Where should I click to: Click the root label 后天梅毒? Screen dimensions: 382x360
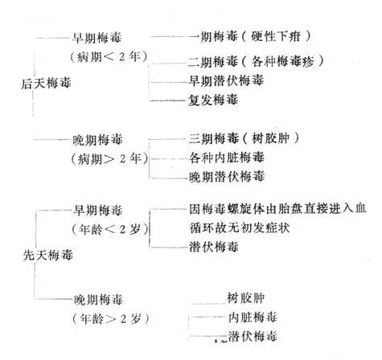(x=46, y=84)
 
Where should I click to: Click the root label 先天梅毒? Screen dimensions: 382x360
(x=48, y=255)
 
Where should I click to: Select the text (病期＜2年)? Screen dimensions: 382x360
(x=109, y=57)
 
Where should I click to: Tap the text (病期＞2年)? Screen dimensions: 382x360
(x=110, y=158)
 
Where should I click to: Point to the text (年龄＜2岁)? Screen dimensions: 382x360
(x=110, y=229)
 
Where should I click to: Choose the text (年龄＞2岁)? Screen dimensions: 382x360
(x=110, y=319)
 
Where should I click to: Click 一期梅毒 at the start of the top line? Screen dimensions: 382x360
(x=213, y=36)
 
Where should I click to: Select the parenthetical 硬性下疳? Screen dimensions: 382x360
(x=276, y=36)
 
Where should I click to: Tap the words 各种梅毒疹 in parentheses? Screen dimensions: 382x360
(x=282, y=62)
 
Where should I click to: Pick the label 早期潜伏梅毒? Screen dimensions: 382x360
(x=226, y=80)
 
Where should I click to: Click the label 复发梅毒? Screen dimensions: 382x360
(x=213, y=100)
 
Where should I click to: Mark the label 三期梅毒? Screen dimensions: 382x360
(x=214, y=138)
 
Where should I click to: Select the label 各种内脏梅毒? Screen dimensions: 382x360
(x=227, y=157)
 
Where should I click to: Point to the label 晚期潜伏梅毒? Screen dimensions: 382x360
(x=227, y=177)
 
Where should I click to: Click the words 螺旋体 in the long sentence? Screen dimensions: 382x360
(x=246, y=209)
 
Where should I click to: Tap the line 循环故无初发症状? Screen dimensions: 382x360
(x=240, y=228)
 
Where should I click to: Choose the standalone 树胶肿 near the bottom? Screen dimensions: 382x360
(x=246, y=298)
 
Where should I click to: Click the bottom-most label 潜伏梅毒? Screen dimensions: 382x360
(x=253, y=336)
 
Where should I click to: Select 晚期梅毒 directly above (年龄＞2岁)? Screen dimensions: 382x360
(x=98, y=300)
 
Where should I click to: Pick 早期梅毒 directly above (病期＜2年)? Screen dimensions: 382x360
(x=97, y=38)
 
